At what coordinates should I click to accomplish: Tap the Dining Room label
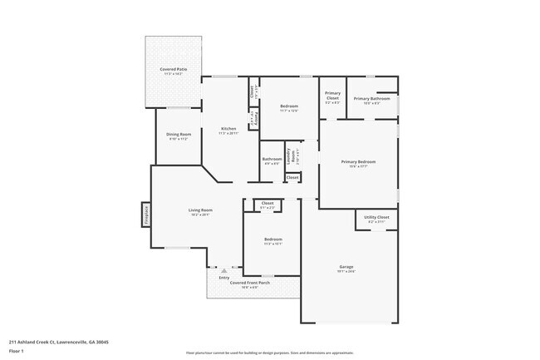point(179,135)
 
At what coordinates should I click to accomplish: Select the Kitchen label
point(228,129)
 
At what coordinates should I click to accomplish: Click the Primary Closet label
point(332,96)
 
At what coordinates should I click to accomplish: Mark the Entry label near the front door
point(223,277)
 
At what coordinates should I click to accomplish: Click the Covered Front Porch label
point(249,283)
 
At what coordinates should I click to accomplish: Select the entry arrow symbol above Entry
point(223,269)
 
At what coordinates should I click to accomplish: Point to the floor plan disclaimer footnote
point(269,353)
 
